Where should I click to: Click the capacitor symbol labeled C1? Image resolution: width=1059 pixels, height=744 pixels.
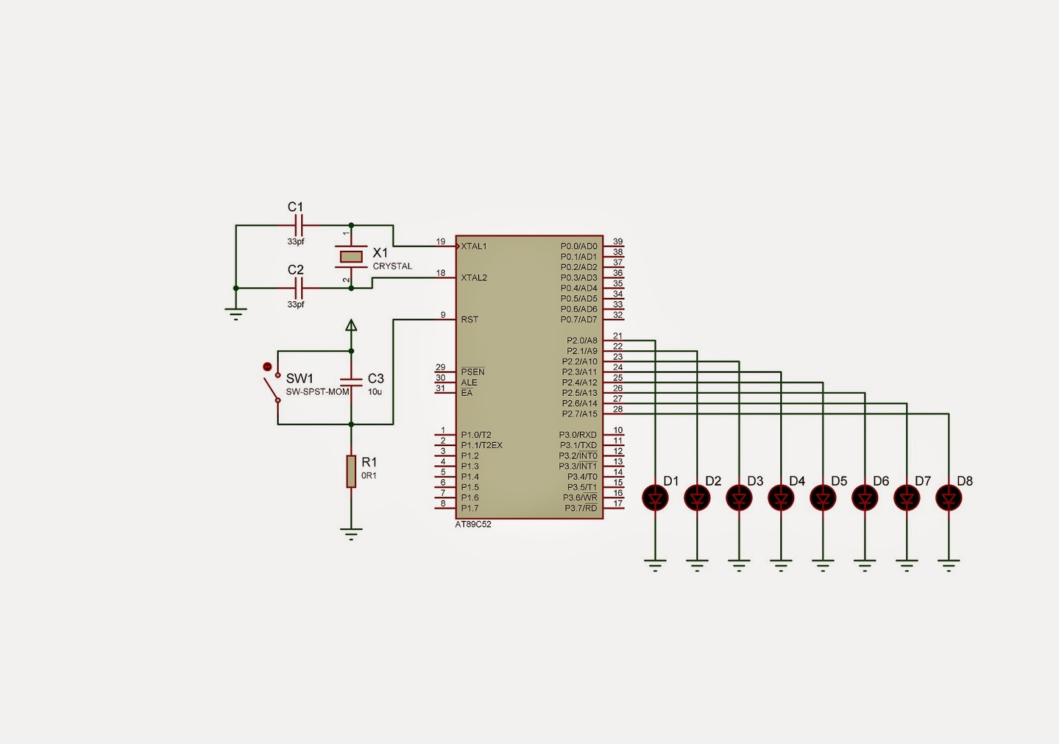[x=298, y=225]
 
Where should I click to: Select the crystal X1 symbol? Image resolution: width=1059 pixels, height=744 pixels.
[x=351, y=256]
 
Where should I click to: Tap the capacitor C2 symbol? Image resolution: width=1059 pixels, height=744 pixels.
[x=298, y=288]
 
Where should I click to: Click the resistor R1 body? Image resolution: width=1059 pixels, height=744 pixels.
[x=351, y=471]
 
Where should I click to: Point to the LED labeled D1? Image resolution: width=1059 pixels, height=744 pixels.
[x=655, y=497]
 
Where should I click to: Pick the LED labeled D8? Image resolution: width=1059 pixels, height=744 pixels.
[x=948, y=497]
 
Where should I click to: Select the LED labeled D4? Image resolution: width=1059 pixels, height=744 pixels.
[x=781, y=497]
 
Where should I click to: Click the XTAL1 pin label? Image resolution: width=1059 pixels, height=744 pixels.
[x=474, y=246]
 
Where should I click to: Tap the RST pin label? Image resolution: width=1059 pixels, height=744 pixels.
[x=470, y=320]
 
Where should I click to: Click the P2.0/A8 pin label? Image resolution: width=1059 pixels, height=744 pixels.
[x=582, y=341]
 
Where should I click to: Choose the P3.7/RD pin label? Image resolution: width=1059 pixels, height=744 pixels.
[x=580, y=508]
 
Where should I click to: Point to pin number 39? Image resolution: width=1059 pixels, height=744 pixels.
[x=618, y=242]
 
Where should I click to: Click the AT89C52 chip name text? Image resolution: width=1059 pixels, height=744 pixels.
[x=473, y=524]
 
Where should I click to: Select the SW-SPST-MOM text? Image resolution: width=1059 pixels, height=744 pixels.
[x=317, y=392]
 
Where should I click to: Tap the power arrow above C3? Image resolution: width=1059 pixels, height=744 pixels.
[x=351, y=325]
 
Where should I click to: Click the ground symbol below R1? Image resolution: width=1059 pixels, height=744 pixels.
[x=351, y=534]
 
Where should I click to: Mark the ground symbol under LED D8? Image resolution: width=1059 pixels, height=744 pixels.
[x=948, y=565]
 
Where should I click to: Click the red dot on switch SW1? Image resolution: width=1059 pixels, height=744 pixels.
[x=267, y=366]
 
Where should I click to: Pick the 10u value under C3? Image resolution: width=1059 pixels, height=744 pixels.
[x=375, y=392]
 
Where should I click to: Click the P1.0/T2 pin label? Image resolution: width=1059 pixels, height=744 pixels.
[x=476, y=435]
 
